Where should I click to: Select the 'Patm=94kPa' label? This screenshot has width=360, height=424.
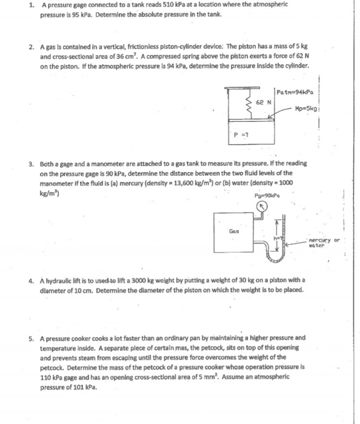(x=293, y=92)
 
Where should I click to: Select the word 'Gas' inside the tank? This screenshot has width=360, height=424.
(x=233, y=231)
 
